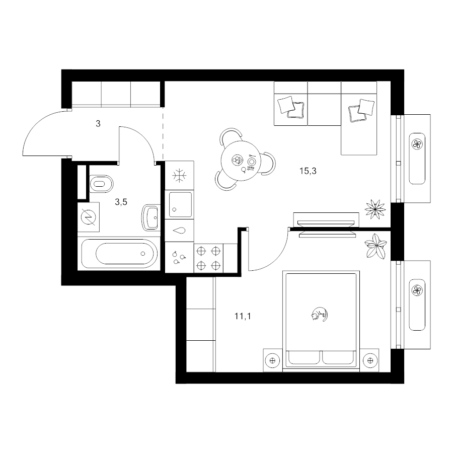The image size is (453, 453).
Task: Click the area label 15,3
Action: point(308,171)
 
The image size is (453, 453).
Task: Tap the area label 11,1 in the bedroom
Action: point(243,317)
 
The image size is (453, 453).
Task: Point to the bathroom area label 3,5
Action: point(121,202)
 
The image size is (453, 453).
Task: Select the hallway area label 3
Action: point(98,124)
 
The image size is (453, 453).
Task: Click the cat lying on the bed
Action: point(320,314)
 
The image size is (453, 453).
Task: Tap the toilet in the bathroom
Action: point(101,184)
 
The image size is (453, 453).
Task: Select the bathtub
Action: point(119,254)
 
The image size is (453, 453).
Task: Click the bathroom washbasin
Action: point(151,217)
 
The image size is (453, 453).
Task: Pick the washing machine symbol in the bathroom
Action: point(89,217)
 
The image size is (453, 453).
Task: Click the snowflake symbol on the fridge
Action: point(179,175)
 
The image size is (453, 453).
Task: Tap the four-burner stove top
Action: point(208,258)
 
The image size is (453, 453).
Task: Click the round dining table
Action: point(241,161)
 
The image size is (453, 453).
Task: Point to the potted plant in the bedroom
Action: point(375,246)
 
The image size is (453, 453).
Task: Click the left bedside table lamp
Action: point(272,360)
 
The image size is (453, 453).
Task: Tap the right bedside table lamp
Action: point(370,360)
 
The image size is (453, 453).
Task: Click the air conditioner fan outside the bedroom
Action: point(417,290)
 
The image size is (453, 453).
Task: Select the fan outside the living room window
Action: point(417,144)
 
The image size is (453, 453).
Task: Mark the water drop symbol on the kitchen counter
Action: point(179,230)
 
